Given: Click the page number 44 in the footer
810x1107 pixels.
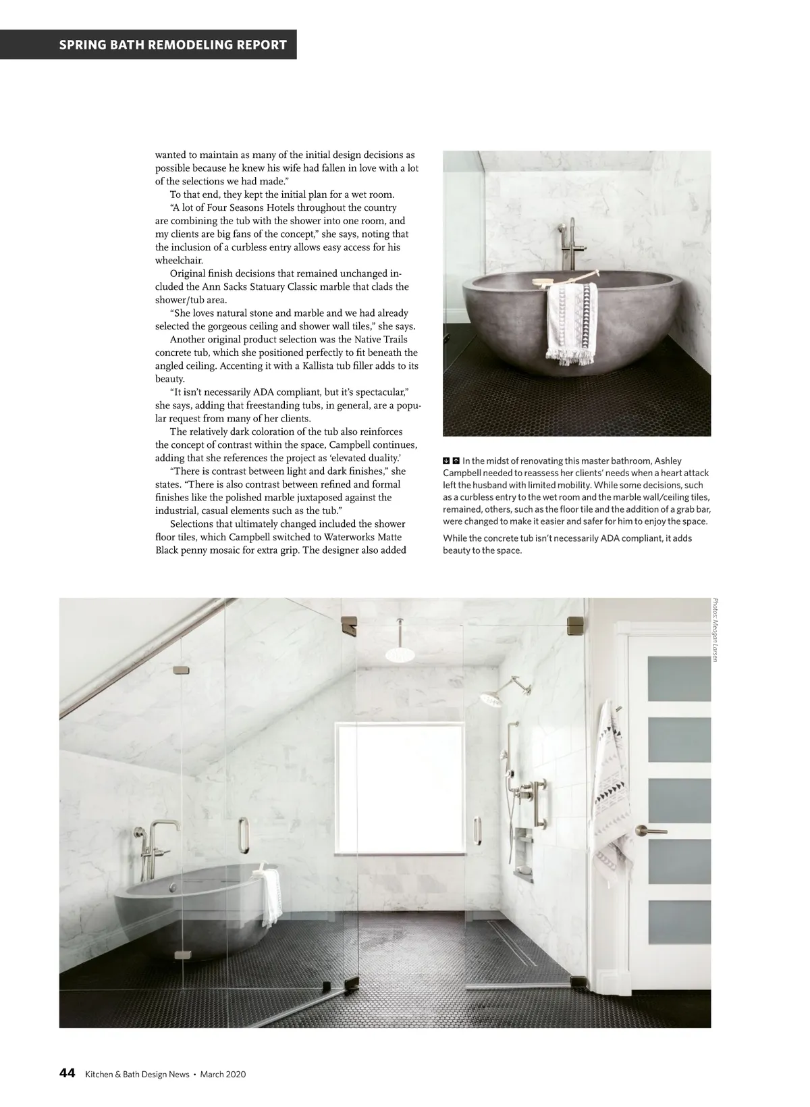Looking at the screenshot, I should pos(67,1073).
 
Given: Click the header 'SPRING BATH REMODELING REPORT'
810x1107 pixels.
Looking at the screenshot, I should pos(173,45).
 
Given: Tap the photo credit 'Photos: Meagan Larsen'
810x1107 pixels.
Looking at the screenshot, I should pos(716,630).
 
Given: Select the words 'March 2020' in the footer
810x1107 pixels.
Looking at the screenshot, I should pos(223,1074).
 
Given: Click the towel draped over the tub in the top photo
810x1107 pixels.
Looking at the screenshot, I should pos(571,321).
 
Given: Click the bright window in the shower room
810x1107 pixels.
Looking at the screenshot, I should pos(399,772).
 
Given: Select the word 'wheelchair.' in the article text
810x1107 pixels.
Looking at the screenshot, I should pos(179,260).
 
